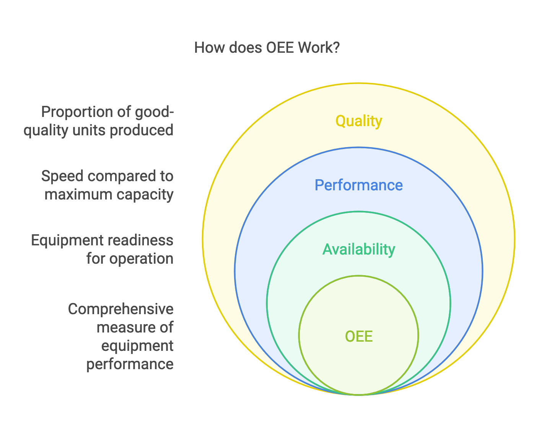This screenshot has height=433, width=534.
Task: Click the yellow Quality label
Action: (x=358, y=121)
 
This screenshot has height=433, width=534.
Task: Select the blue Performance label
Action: (x=358, y=185)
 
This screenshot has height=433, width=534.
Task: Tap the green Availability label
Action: (x=358, y=250)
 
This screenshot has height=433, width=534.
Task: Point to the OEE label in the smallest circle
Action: (x=358, y=337)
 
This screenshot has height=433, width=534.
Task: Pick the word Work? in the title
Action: (x=319, y=48)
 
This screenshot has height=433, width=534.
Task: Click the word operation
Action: (x=141, y=259)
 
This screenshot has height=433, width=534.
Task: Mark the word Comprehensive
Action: (x=120, y=309)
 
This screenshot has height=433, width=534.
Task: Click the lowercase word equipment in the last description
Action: (x=137, y=346)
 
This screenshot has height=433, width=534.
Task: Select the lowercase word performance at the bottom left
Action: (x=130, y=364)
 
